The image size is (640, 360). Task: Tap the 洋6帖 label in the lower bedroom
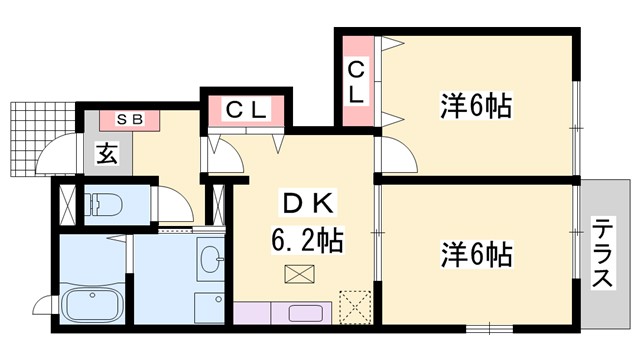(x=476, y=255)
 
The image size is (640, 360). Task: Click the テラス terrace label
(x=602, y=253)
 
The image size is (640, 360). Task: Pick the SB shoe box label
(x=131, y=120)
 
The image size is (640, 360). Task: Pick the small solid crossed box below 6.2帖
(x=298, y=274)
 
